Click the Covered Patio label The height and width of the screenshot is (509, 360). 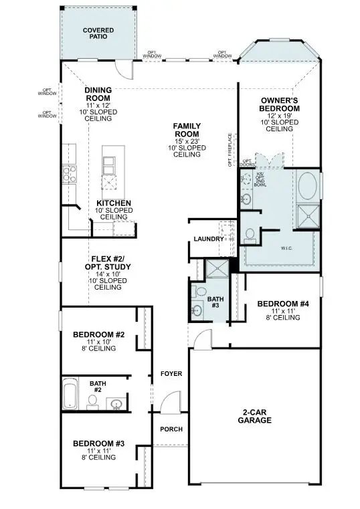tap(98, 34)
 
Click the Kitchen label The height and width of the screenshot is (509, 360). tap(113, 203)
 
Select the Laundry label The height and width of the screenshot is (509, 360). tap(207, 239)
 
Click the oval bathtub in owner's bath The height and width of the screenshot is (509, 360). tap(308, 184)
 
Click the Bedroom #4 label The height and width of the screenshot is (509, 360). tap(283, 304)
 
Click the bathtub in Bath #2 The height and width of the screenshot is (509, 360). tap(70, 395)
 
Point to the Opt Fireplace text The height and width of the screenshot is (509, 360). tap(230, 150)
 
